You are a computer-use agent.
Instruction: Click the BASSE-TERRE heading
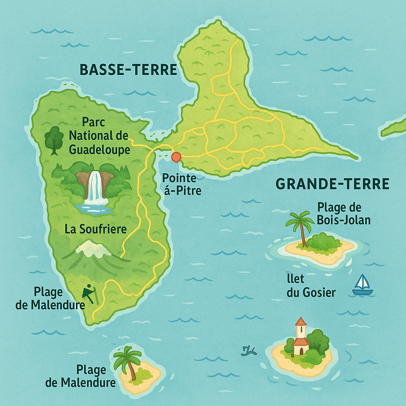(128, 70)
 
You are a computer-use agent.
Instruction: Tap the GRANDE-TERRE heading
(332, 184)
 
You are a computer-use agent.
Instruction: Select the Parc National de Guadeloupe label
(99, 136)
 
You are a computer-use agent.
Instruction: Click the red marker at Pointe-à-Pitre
(176, 157)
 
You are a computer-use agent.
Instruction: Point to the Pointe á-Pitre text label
(182, 184)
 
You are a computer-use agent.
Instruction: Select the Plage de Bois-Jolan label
(343, 213)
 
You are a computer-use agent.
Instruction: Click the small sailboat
(362, 285)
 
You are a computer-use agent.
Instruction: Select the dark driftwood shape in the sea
(249, 350)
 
